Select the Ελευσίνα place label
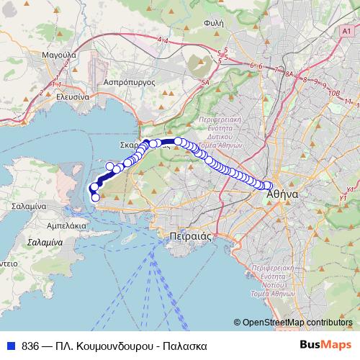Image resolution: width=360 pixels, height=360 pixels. (x=72, y=96)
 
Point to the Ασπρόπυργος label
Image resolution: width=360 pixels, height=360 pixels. (x=130, y=82)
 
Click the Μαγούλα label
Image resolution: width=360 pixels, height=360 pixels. (x=60, y=54)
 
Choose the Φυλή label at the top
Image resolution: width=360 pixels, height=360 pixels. (x=214, y=23)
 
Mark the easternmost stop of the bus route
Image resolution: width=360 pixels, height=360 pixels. (x=268, y=186)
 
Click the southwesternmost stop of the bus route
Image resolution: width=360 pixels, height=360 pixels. (x=96, y=197)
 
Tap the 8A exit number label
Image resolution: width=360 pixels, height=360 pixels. (x=290, y=74)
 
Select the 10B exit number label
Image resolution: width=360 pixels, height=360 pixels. (x=333, y=93)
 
